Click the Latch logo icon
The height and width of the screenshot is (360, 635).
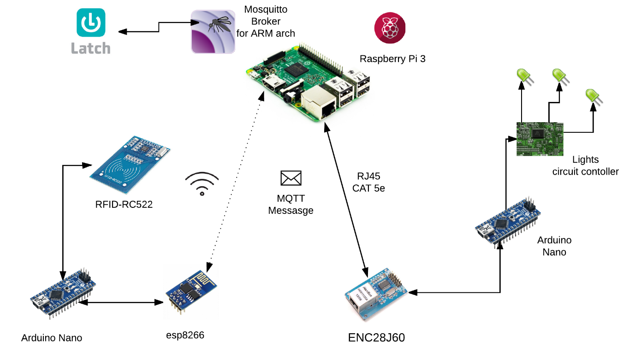point(90,23)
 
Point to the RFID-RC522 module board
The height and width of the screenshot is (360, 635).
point(131,164)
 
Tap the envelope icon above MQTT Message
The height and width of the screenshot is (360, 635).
point(291,178)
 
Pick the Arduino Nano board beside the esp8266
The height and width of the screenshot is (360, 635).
point(63,293)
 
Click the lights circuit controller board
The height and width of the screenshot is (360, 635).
point(539,139)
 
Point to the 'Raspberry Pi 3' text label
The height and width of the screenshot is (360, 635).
point(392,59)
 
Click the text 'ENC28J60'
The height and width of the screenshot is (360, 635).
point(377,337)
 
